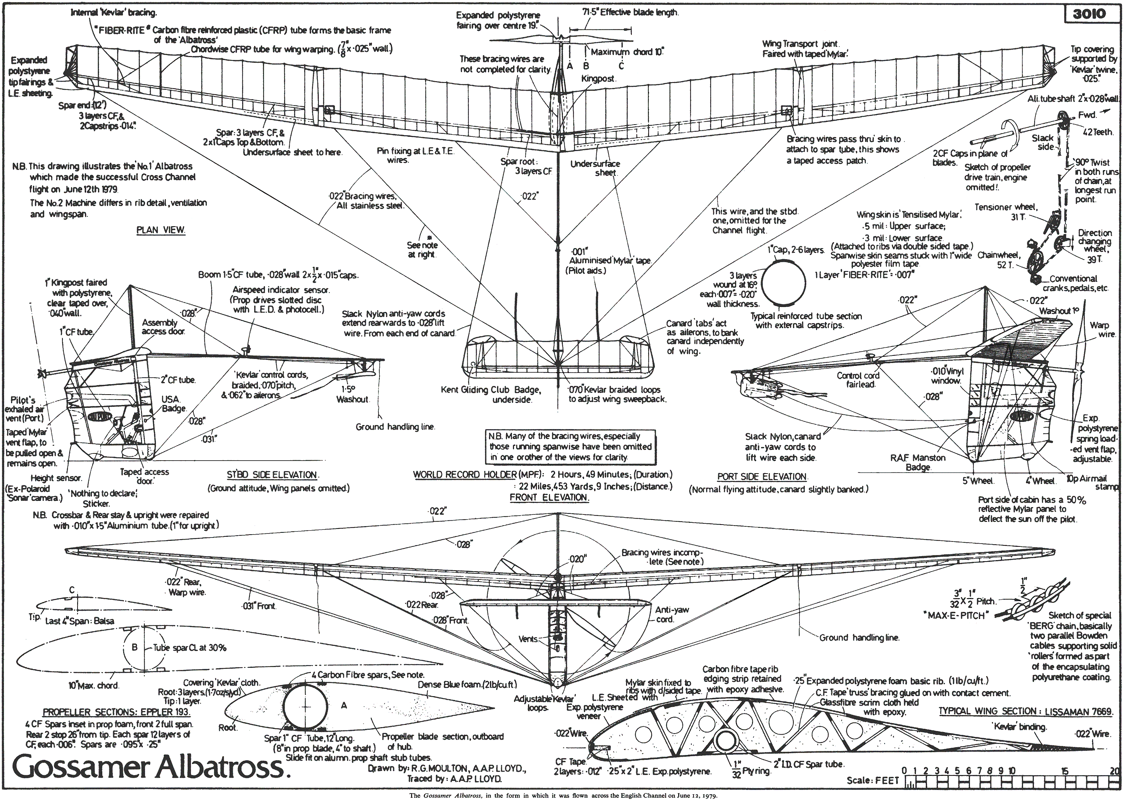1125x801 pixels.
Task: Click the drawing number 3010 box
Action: (x=1089, y=13)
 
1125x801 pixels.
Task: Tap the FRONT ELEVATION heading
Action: (x=549, y=497)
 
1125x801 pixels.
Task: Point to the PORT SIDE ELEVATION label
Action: (x=762, y=476)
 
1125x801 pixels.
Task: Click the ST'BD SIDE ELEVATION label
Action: (x=272, y=475)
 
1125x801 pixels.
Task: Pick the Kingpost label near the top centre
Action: (x=598, y=78)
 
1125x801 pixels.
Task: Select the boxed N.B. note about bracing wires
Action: (x=570, y=446)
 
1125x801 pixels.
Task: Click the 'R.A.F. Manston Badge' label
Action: (x=918, y=462)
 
